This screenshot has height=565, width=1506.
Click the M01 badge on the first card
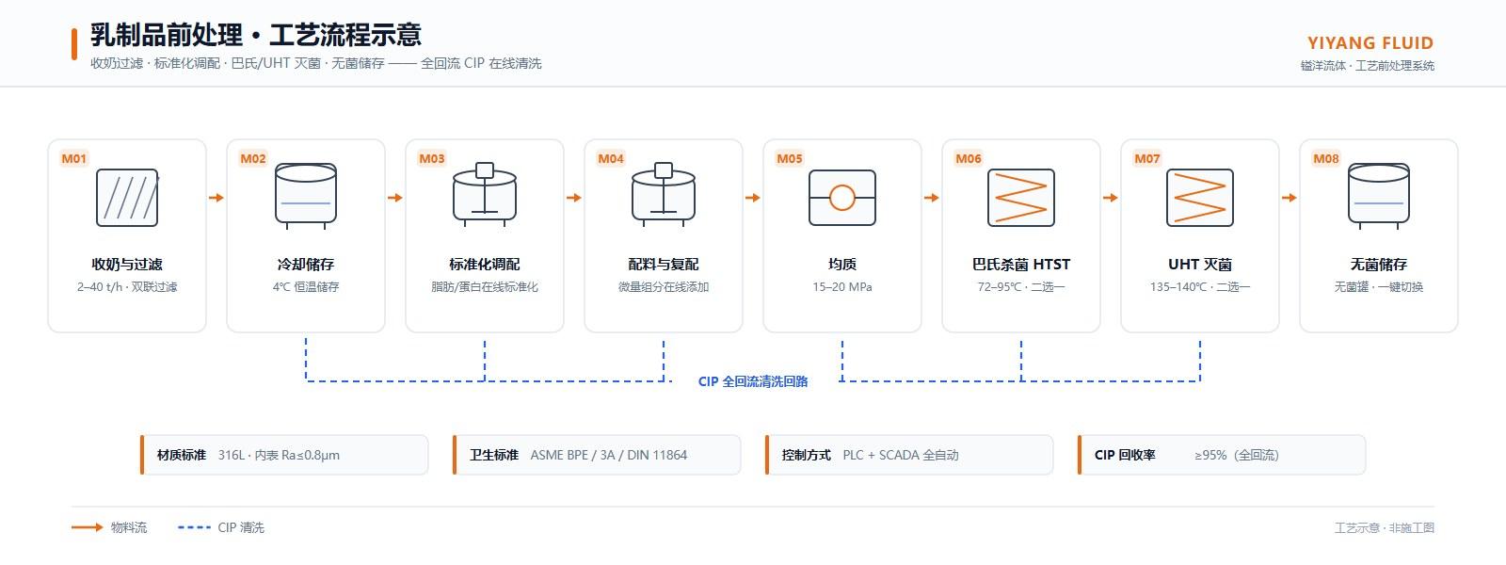(x=74, y=159)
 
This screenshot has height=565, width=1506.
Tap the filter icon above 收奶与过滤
(x=127, y=198)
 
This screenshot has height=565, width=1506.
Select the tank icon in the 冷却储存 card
(x=306, y=196)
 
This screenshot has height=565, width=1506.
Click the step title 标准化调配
(x=484, y=265)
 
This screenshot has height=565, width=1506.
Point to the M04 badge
(x=611, y=159)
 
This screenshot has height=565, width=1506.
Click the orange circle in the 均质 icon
(x=842, y=198)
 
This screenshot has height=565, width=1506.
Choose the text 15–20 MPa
(x=842, y=287)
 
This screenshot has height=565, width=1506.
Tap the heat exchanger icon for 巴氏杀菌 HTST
(x=1021, y=198)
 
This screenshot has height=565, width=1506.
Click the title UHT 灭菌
(x=1200, y=265)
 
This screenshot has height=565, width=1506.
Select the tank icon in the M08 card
(x=1379, y=196)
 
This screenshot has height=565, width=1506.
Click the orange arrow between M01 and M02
(x=216, y=198)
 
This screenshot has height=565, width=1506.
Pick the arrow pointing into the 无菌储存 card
(x=1290, y=198)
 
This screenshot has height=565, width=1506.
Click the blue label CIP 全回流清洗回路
(x=753, y=381)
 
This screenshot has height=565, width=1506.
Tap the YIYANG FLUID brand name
(x=1370, y=43)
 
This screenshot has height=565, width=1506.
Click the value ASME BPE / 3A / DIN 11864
(x=608, y=456)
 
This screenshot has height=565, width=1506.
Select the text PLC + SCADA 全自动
(x=901, y=456)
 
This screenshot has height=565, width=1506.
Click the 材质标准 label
(x=182, y=456)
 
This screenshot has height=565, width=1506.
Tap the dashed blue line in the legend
(x=194, y=527)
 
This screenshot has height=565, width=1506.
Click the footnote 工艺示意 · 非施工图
(x=1385, y=528)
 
